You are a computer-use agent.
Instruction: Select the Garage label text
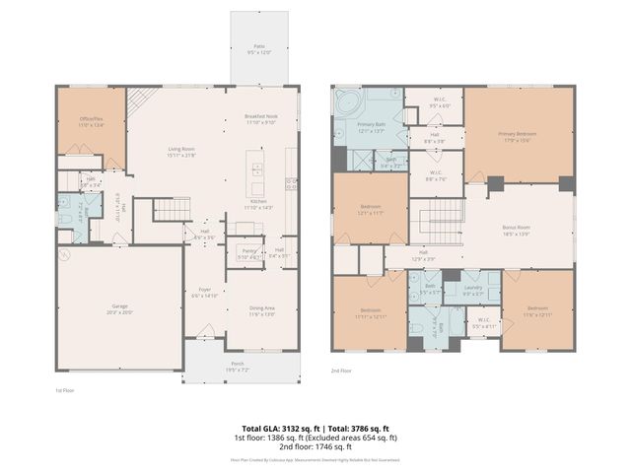(119, 309)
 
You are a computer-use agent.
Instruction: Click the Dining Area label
(261, 309)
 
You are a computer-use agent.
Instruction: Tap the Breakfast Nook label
(261, 118)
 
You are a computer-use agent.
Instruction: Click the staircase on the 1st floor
(173, 209)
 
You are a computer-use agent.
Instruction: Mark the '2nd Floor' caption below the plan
(341, 371)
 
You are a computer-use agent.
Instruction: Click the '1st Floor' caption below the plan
(65, 390)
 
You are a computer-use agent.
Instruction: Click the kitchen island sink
(257, 168)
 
